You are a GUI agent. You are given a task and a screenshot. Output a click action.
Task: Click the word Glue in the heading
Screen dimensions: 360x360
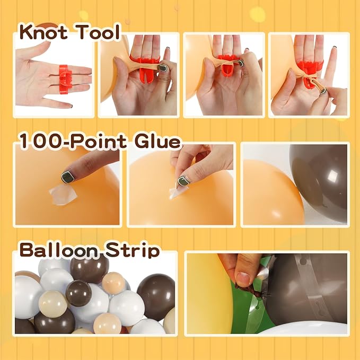[157, 141]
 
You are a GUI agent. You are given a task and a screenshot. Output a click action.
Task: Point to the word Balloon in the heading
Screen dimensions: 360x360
[59, 250]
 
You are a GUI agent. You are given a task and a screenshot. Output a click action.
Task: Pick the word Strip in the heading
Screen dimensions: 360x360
[132, 250]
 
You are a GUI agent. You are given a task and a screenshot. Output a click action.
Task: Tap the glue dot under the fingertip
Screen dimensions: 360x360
[63, 194]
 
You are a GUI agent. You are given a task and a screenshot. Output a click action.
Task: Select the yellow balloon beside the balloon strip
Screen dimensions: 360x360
[209, 294]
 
